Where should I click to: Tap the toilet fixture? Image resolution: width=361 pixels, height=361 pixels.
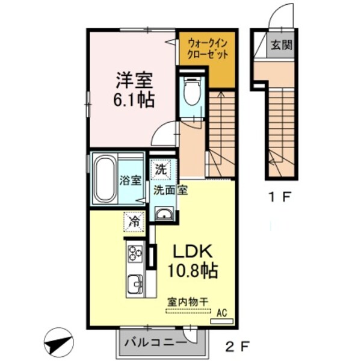point(193,93)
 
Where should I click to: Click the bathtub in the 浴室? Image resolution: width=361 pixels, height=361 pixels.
point(105,179)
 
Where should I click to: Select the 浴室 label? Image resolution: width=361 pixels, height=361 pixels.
point(131,180)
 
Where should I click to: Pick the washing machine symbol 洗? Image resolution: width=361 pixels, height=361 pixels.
point(161,170)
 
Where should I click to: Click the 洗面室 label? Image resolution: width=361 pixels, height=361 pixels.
point(170,191)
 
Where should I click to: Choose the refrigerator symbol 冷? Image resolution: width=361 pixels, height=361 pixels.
point(134,221)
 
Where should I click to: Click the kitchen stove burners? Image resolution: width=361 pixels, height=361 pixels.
point(134,254)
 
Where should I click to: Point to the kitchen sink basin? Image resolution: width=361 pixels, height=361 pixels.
point(135,282)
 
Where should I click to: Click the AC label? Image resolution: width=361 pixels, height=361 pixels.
point(221,312)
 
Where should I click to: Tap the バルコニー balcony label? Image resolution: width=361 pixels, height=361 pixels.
point(155,344)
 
